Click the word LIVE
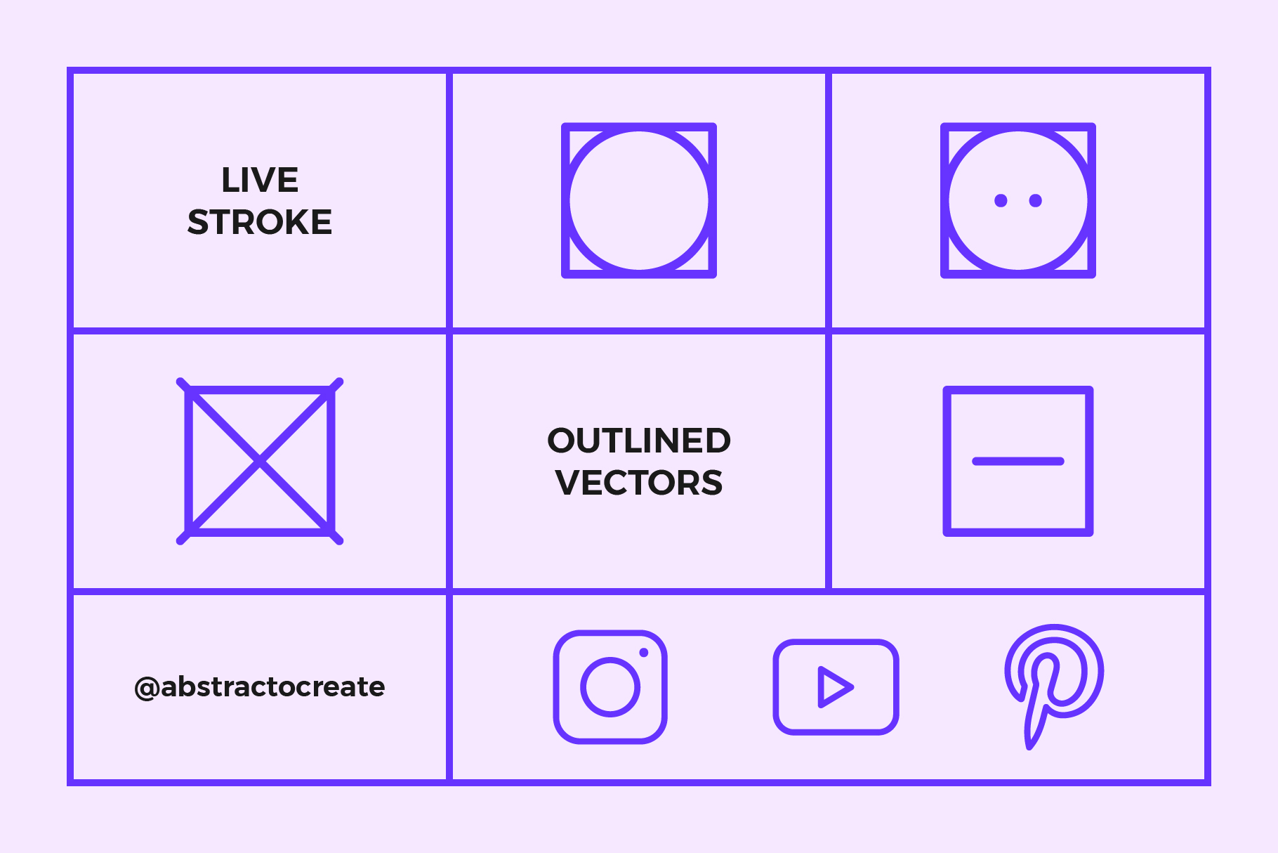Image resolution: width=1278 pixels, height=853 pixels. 260,180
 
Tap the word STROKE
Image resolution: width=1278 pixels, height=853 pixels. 260,222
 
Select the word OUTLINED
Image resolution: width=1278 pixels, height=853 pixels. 639,441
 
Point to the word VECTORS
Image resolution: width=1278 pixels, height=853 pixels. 639,483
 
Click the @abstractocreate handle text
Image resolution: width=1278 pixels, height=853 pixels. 259,687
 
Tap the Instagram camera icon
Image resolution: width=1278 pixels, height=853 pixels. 610,686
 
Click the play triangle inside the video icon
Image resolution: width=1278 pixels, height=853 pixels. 835,686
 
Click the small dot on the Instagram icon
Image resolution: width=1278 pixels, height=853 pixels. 643,653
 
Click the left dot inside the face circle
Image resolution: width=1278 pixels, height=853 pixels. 1001,201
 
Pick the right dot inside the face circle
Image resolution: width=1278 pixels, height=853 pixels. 1035,201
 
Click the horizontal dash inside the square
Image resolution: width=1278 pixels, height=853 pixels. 1018,461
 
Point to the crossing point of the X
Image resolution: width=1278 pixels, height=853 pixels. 260,461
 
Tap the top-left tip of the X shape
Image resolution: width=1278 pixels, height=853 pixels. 180,382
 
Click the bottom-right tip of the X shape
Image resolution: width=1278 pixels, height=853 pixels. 339,540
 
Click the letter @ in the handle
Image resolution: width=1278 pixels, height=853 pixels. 147,688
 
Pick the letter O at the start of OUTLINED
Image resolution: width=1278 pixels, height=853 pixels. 564,441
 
